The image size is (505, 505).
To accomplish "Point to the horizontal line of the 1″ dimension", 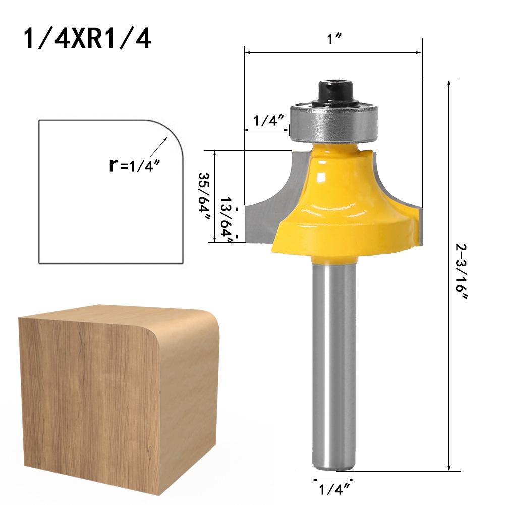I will pyautogui.click(x=333, y=52).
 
